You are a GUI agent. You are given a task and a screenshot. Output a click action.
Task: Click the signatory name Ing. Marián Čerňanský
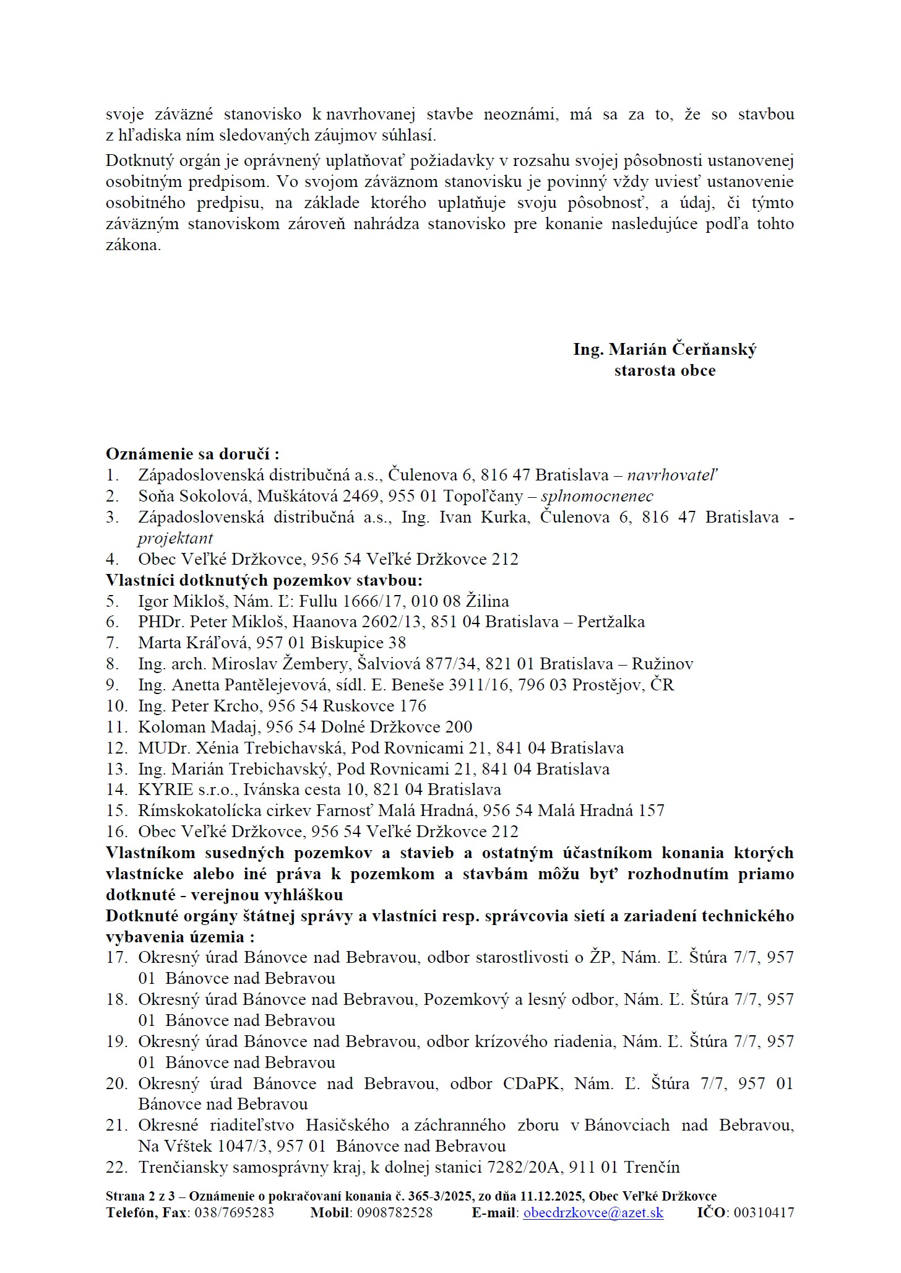(665, 350)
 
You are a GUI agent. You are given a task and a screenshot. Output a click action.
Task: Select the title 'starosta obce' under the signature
(665, 371)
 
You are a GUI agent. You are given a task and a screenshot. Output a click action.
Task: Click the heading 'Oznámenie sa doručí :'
(192, 454)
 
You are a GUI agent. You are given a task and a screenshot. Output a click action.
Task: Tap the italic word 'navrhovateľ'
(672, 476)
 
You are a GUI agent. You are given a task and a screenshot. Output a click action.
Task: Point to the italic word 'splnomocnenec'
(597, 497)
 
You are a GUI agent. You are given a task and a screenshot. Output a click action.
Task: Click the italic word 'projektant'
(175, 539)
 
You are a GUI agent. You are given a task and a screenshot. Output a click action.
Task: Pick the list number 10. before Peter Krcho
(116, 706)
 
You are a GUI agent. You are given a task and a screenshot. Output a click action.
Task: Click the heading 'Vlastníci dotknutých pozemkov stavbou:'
(264, 581)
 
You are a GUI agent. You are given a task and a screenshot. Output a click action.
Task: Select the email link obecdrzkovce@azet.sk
(593, 1213)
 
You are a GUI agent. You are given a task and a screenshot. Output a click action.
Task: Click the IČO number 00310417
(764, 1213)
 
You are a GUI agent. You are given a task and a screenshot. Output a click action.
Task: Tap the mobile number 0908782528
(394, 1213)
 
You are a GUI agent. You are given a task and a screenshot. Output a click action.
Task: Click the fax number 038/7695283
(234, 1213)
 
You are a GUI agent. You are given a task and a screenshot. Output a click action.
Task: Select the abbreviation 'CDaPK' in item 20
(533, 1084)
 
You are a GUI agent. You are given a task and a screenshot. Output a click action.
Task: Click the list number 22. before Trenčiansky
(116, 1168)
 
